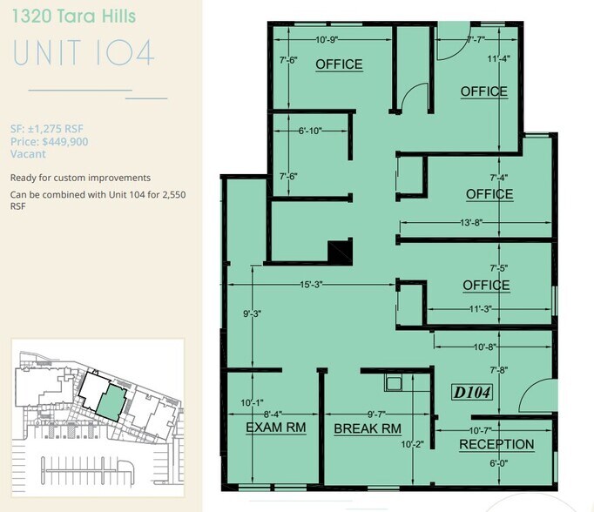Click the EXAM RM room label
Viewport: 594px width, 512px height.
(275, 428)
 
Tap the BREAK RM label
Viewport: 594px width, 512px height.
(368, 428)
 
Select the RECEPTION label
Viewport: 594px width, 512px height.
(496, 445)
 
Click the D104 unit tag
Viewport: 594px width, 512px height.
(473, 393)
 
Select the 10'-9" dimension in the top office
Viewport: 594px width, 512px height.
(330, 40)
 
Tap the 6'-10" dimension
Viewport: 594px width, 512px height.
(309, 131)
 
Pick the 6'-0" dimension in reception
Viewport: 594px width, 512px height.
(497, 463)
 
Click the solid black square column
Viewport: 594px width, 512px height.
(339, 252)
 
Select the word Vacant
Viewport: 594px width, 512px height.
(27, 153)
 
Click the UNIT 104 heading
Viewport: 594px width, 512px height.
(84, 53)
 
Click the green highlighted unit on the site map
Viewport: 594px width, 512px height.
(110, 401)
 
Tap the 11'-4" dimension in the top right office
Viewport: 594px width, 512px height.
(497, 59)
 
